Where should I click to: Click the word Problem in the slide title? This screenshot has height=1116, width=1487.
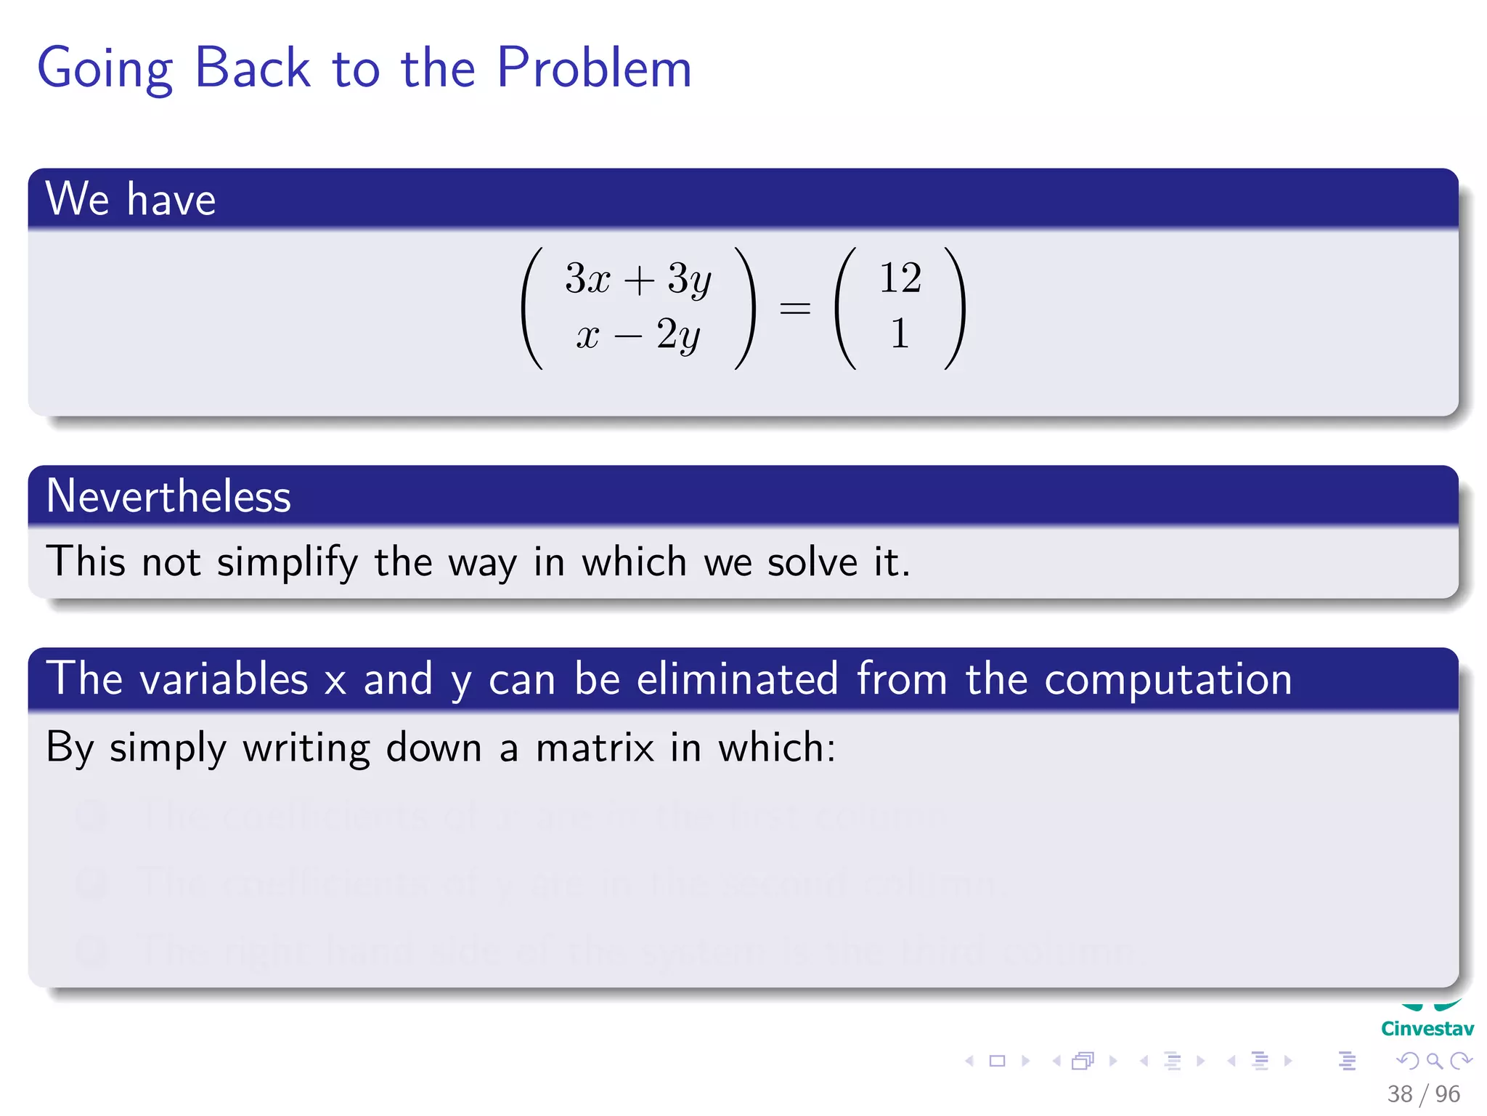click(x=594, y=68)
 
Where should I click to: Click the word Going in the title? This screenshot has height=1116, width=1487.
click(x=105, y=70)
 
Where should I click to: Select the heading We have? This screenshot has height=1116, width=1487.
click(x=131, y=199)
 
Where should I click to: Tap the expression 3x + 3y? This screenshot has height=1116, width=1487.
click(x=637, y=279)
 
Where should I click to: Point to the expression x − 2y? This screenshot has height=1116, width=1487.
click(x=637, y=336)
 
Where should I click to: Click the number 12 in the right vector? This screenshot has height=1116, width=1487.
click(x=900, y=278)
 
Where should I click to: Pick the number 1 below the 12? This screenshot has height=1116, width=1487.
click(x=900, y=334)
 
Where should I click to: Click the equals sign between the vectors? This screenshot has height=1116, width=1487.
click(x=794, y=308)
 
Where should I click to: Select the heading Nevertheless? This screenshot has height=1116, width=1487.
click(x=168, y=496)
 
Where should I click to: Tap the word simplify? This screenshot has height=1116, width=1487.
click(x=288, y=563)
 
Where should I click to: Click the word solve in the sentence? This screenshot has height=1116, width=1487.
click(x=812, y=563)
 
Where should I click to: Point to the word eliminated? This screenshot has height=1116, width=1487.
click(x=737, y=679)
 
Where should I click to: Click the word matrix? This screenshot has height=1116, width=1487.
click(x=595, y=748)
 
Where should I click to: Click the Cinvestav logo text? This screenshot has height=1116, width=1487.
click(x=1427, y=1029)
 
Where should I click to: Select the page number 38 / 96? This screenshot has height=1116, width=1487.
click(x=1423, y=1093)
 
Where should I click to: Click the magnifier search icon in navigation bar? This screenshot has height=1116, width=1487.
click(x=1434, y=1061)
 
